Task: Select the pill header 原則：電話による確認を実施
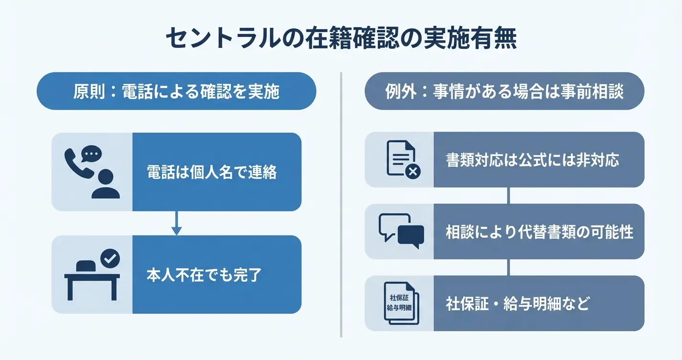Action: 176,91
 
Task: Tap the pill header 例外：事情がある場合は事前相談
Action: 504,91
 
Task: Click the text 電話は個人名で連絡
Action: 212,172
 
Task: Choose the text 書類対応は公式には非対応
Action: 533,159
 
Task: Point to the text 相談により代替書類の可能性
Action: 539,232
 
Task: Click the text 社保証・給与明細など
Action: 517,304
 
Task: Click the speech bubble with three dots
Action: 92,154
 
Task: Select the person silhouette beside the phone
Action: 105,184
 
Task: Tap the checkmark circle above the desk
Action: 110,259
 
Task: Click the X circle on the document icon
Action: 412,169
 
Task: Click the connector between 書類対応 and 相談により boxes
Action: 509,195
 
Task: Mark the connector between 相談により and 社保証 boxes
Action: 509,267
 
